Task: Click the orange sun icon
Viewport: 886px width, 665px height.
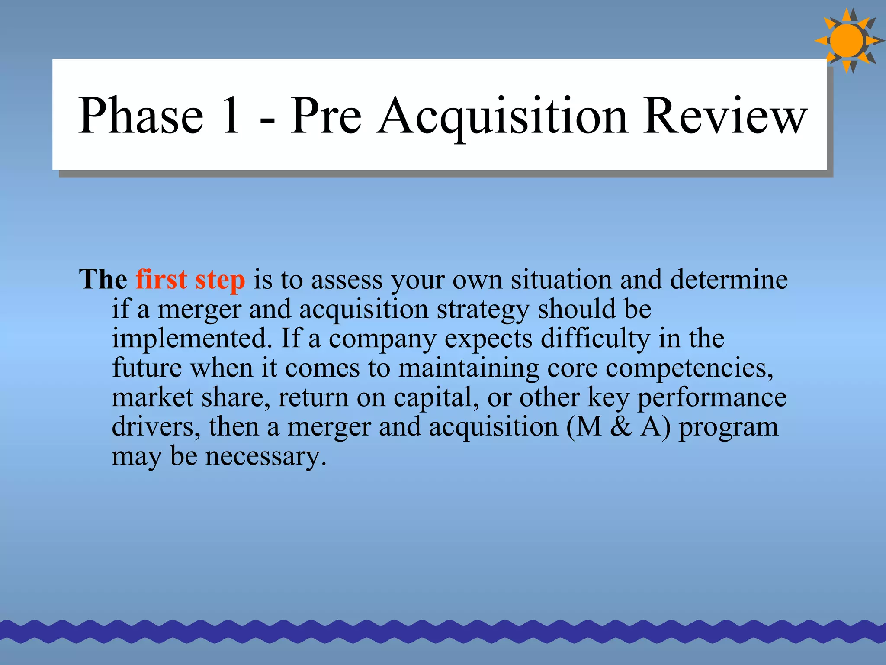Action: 847,41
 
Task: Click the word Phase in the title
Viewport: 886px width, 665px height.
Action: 141,116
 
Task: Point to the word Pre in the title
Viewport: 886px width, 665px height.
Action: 325,116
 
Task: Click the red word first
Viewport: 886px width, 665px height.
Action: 161,279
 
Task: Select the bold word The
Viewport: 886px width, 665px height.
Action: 103,279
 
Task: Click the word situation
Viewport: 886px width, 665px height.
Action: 561,279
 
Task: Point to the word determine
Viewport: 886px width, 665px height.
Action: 729,279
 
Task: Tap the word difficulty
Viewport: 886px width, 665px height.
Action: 595,339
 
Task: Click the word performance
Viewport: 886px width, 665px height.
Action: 712,398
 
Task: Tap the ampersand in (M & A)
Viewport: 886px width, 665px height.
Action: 621,427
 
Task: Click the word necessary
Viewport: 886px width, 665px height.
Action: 266,457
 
